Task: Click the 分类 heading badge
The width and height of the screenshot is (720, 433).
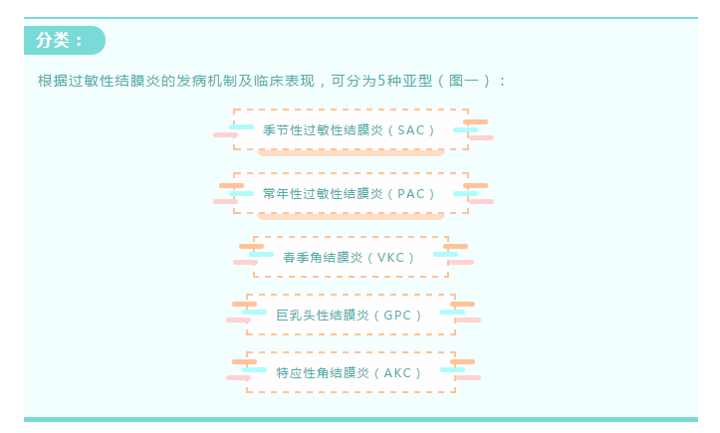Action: click(x=62, y=41)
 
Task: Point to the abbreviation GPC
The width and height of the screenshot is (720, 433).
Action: click(x=398, y=316)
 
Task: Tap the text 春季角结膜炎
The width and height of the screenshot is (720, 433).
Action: click(x=323, y=257)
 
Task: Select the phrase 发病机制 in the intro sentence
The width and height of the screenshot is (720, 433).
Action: click(x=203, y=81)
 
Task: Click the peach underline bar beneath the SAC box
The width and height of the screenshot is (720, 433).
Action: click(x=351, y=153)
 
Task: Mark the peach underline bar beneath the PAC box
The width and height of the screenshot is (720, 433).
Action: click(x=351, y=216)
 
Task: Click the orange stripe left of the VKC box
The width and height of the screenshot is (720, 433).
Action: click(x=251, y=246)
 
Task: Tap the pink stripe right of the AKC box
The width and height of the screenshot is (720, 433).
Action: click(x=468, y=378)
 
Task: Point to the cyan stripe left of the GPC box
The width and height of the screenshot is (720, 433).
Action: click(x=254, y=312)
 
